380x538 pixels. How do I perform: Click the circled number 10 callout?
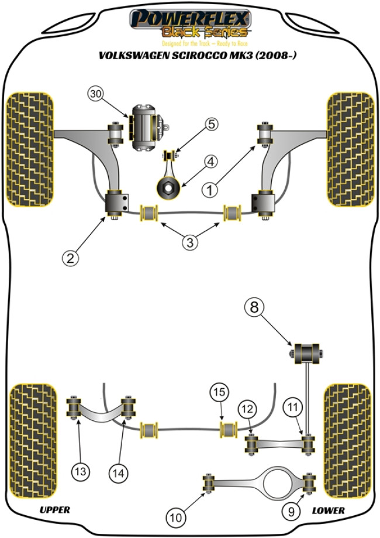[x=175, y=517]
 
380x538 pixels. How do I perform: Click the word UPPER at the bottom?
[x=55, y=510]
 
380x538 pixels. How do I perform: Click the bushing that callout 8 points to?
[x=307, y=353]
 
